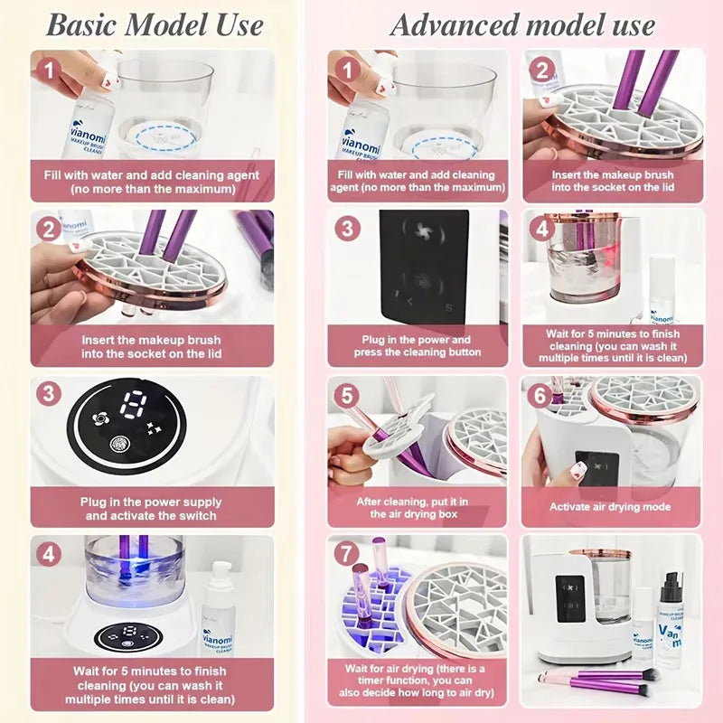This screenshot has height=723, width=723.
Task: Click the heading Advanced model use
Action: click(x=521, y=24)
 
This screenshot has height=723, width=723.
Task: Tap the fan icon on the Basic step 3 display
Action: click(x=99, y=421)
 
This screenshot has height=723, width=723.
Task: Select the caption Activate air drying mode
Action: click(x=610, y=507)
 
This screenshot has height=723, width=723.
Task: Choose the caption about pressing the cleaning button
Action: click(x=417, y=347)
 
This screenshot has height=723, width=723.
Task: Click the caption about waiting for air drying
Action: click(x=417, y=682)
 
